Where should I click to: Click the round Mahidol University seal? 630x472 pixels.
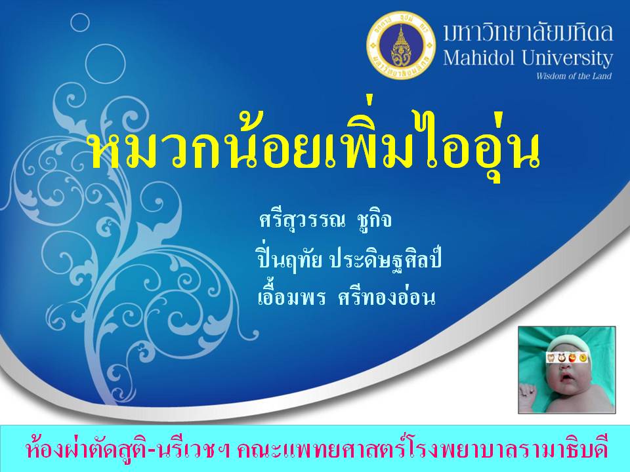[400, 44]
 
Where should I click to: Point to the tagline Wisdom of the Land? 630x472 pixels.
[574, 76]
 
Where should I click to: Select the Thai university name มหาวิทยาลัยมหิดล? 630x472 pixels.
[528, 33]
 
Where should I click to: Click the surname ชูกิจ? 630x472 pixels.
[373, 221]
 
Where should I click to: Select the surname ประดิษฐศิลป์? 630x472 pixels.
[385, 260]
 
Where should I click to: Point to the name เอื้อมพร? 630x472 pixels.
[291, 298]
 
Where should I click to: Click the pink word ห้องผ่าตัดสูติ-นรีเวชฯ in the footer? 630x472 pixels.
[128, 450]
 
